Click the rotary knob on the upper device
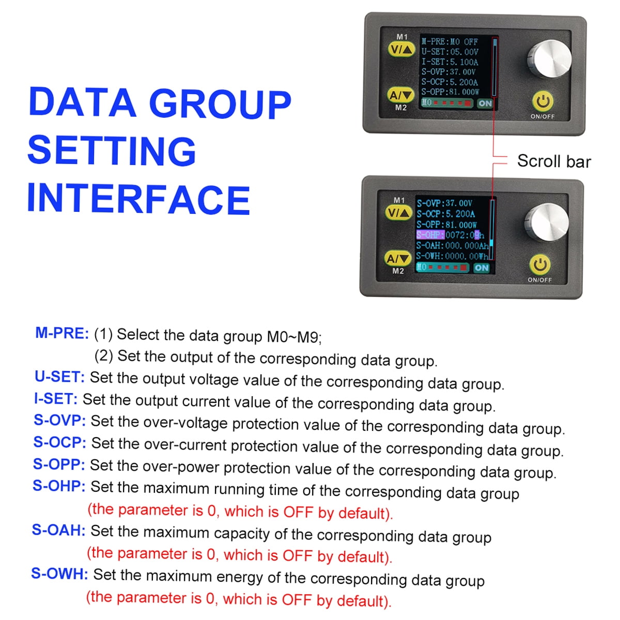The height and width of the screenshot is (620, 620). click(549, 59)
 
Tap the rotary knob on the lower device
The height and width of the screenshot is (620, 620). click(546, 222)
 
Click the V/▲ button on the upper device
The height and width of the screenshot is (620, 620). click(401, 50)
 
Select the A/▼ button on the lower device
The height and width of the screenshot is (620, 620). click(398, 258)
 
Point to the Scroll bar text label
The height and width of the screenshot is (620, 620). click(554, 161)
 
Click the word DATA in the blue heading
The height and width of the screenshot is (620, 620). click(82, 102)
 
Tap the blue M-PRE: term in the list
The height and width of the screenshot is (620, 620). click(62, 333)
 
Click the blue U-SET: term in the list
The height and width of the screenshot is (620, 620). click(59, 377)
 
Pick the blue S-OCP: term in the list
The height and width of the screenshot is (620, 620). click(60, 442)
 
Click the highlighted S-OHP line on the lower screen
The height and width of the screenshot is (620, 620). click(450, 235)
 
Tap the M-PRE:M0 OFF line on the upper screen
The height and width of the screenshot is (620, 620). click(450, 41)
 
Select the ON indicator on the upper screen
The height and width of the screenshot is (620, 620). click(485, 103)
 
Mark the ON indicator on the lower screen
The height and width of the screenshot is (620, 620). click(482, 268)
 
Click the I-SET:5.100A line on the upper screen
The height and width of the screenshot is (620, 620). click(450, 62)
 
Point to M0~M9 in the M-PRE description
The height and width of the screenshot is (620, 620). click(294, 337)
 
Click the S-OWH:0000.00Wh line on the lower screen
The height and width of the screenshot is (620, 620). click(452, 256)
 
